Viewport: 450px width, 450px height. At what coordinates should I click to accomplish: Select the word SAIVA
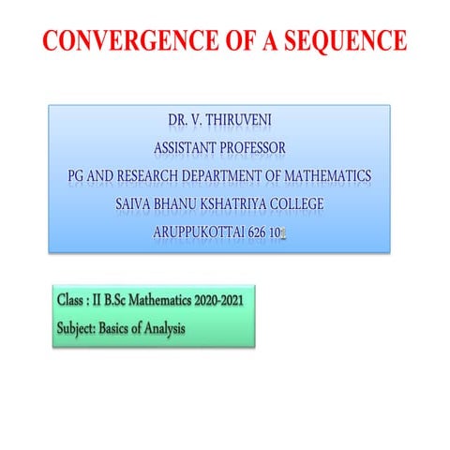pos(137,202)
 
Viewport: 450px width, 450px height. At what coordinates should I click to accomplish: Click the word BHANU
pos(184,202)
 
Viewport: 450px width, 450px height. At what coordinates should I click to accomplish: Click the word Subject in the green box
pos(80,329)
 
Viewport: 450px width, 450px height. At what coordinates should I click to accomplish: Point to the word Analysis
pos(163,329)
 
